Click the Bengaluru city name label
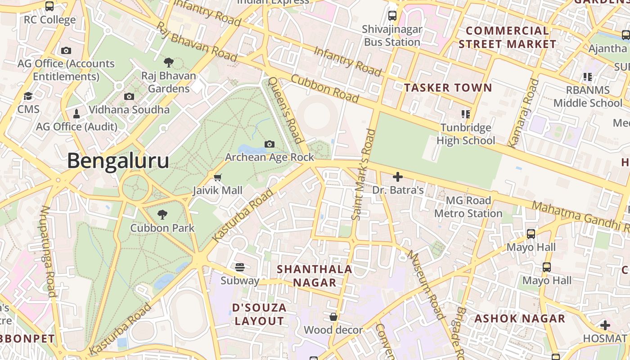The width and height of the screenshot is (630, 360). (118, 161)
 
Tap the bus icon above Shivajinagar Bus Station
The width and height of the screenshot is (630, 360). (392, 16)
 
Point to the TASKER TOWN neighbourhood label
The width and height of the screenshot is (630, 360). (448, 87)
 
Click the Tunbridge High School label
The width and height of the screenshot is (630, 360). (466, 134)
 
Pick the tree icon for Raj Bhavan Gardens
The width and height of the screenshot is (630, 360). (169, 62)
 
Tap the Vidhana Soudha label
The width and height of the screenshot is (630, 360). (129, 109)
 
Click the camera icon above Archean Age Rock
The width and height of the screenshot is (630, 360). (270, 144)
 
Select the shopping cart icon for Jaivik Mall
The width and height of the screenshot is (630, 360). (218, 177)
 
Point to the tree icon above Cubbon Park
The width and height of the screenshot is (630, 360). (162, 215)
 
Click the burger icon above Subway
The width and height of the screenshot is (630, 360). (240, 267)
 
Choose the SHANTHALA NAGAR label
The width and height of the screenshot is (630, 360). (315, 276)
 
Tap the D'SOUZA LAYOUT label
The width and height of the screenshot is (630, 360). (259, 315)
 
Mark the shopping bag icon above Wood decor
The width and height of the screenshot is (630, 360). (333, 317)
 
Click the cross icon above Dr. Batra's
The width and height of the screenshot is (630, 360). (398, 177)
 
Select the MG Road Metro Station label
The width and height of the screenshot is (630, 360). (468, 207)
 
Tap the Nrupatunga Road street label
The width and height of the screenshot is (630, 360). (48, 251)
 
